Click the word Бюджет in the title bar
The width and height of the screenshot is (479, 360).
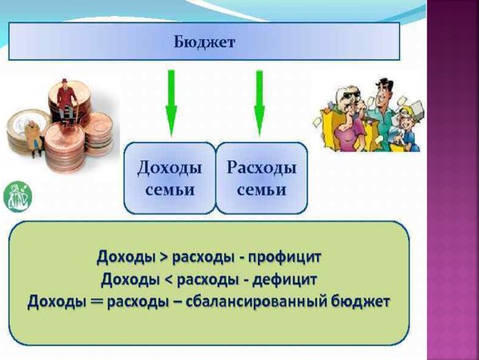coord(204,42)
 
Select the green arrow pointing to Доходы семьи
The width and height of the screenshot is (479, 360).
coord(170,104)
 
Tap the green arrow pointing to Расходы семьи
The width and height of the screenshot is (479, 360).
coord(259,104)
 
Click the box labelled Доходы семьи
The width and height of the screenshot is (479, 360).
coord(169,177)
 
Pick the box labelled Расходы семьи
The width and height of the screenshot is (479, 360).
coord(261,177)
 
